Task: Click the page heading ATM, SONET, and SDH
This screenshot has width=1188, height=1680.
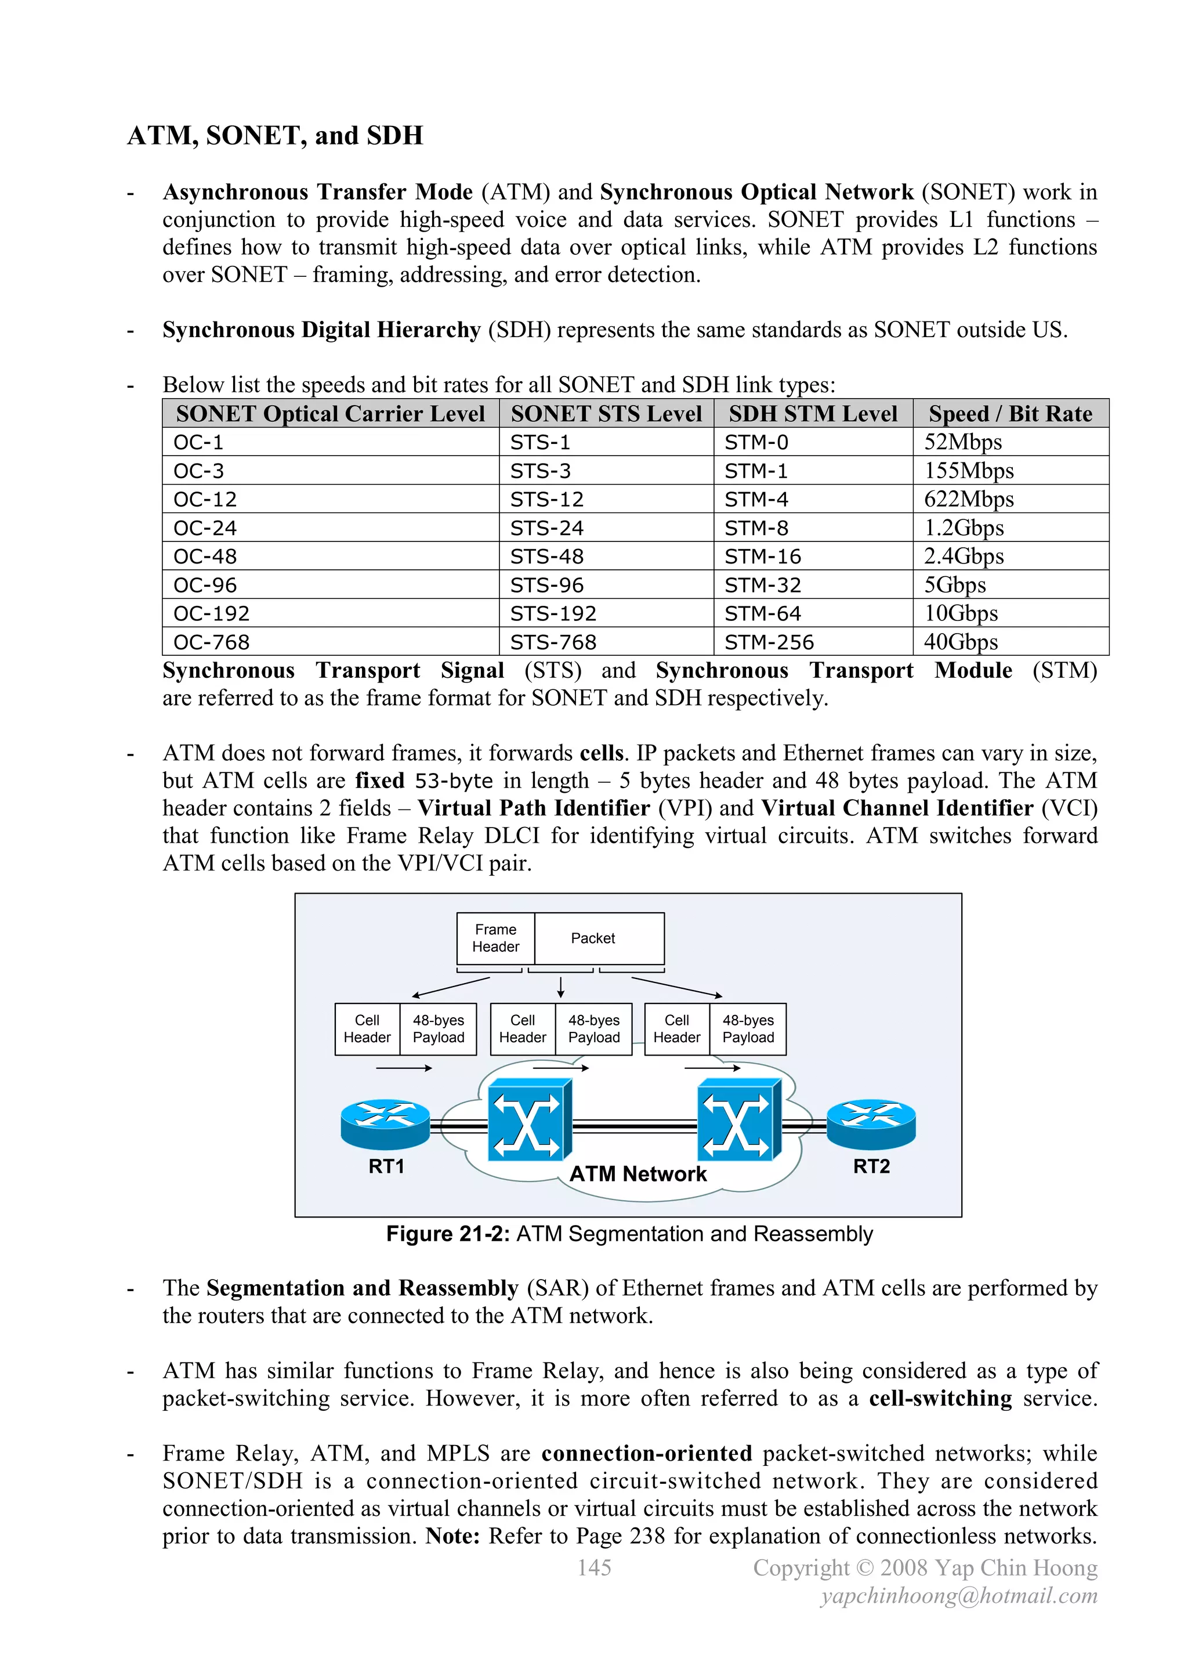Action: tap(275, 136)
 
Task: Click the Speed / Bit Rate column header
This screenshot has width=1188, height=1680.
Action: tap(1010, 414)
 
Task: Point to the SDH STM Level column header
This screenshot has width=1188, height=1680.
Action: tap(813, 414)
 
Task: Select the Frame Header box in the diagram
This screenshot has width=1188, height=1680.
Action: tap(495, 939)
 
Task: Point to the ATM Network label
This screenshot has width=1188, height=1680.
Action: tap(638, 1175)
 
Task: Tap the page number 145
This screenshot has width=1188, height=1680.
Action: tap(594, 1568)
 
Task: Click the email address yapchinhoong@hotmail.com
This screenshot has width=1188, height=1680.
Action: tap(959, 1596)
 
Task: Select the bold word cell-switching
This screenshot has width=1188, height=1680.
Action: tap(940, 1399)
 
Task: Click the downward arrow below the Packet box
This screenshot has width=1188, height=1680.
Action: tap(561, 987)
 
